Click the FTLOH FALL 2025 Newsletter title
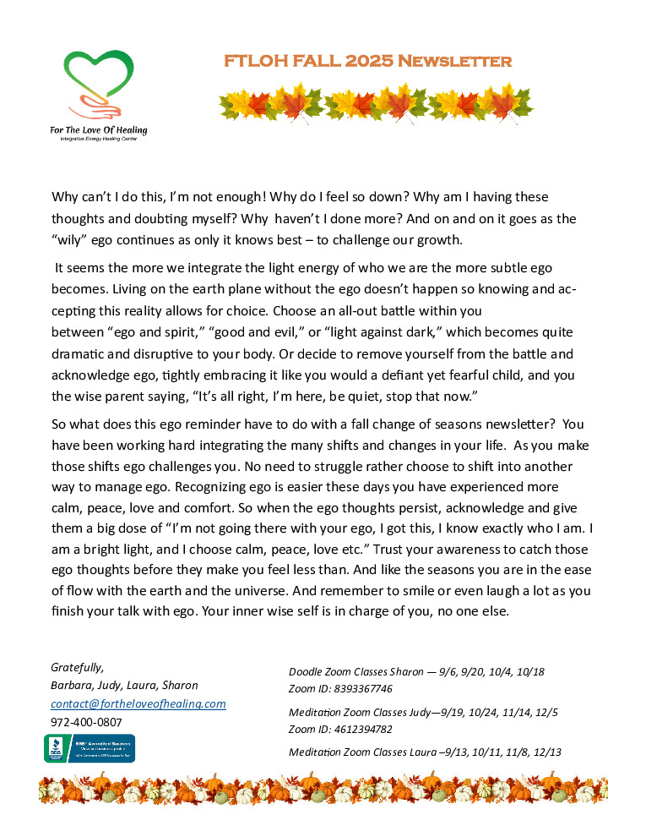[367, 62]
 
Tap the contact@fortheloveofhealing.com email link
[138, 703]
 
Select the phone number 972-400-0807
[86, 722]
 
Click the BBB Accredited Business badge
[90, 748]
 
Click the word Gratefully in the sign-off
[77, 666]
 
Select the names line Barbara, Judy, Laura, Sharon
[124, 685]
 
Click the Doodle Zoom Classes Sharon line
[416, 672]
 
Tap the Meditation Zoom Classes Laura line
[425, 752]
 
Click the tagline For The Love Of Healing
[98, 130]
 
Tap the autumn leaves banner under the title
[377, 103]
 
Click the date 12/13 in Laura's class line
[546, 752]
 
